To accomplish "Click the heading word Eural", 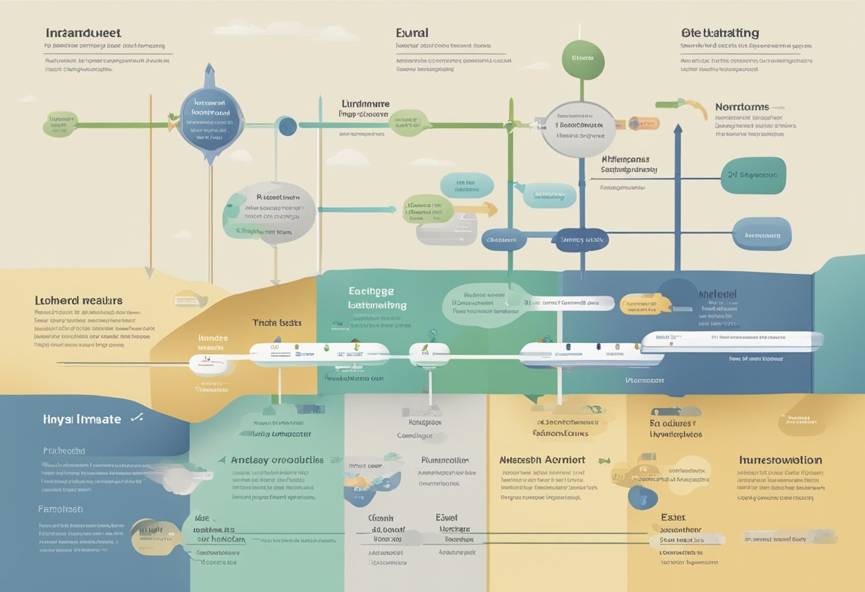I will (412, 33).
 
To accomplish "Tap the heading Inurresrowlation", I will (780, 460).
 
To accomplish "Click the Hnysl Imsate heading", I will (81, 420).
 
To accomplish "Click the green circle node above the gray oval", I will (583, 59).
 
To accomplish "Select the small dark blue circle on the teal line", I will (287, 127).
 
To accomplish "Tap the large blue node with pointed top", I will (211, 117).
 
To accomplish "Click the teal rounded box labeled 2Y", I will (753, 176).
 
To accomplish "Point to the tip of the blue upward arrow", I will (678, 128).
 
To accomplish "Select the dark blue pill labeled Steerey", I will (580, 240).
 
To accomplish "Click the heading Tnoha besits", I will (276, 322).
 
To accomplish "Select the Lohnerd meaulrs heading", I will (78, 301).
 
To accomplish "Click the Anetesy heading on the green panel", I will (277, 460).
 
